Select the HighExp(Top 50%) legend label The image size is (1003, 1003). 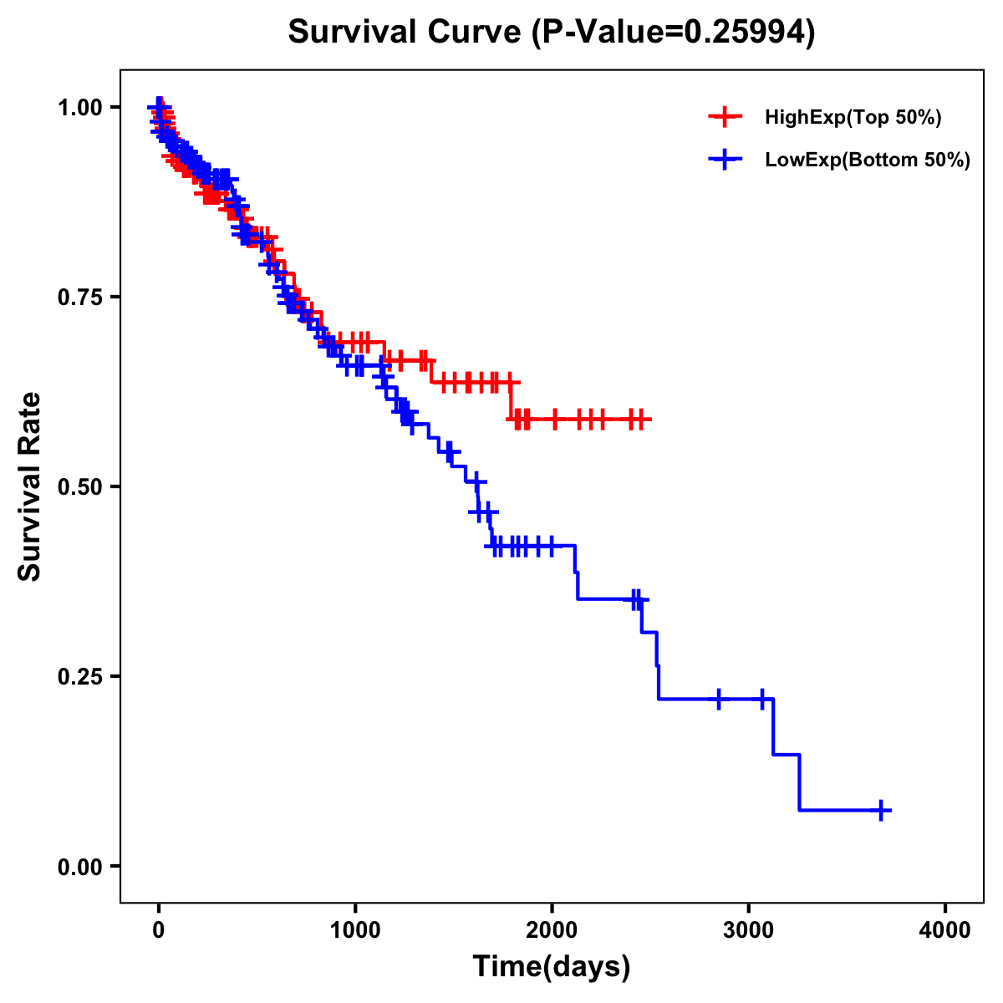853,118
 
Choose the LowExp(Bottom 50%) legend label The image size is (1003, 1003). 868,160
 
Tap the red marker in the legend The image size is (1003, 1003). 725,117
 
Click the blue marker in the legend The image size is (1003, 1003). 725,160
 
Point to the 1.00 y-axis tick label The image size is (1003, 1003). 79,108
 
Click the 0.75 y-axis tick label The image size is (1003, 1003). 79,298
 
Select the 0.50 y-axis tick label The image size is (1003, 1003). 79,487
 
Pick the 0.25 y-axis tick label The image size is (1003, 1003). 79,677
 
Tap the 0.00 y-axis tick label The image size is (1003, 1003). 79,867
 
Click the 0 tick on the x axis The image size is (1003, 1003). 159,930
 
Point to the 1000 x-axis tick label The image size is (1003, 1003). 355,930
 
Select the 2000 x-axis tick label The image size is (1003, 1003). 552,930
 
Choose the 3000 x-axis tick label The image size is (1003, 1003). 749,930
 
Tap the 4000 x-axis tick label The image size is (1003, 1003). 945,930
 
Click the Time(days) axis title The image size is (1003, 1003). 552,967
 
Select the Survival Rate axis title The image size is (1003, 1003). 31,486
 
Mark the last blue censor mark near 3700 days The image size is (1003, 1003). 881,810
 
